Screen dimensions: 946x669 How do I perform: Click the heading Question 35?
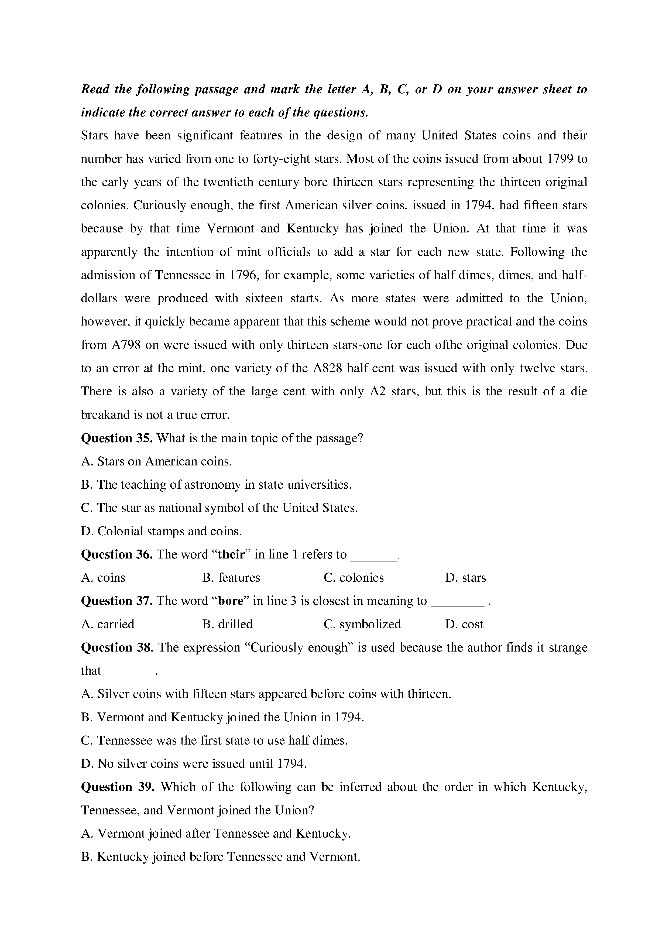pos(117,438)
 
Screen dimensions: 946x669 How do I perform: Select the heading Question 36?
pos(117,554)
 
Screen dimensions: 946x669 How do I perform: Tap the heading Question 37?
pos(117,601)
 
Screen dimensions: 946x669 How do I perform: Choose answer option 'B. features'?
pos(231,577)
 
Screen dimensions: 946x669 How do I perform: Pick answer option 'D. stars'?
pos(465,577)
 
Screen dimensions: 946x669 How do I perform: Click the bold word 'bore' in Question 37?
pos(231,601)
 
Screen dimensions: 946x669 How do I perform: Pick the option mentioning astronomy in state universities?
pos(216,485)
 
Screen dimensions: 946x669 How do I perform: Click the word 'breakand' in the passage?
pos(105,414)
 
